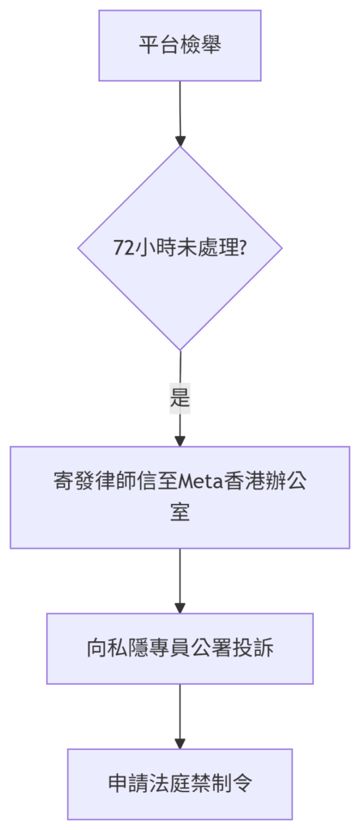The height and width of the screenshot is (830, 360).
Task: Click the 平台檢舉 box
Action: [x=180, y=45]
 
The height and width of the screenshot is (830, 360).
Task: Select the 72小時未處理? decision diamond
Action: [x=180, y=248]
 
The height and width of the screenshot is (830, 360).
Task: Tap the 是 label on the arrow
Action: [x=180, y=398]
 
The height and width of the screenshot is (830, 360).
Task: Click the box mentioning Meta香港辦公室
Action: [x=180, y=497]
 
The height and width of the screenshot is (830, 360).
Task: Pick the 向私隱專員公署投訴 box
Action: [x=180, y=648]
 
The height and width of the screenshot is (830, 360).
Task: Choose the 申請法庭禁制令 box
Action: [x=180, y=784]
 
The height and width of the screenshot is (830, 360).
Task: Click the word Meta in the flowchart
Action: [x=202, y=482]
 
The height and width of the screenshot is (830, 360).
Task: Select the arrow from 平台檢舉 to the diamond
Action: [x=180, y=113]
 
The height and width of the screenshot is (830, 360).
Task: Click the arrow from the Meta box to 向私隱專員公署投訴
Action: [x=180, y=580]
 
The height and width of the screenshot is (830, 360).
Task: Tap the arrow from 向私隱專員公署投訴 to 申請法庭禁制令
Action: [x=180, y=717]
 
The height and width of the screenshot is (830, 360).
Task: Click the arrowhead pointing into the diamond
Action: [x=180, y=141]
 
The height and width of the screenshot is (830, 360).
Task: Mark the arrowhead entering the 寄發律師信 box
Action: [x=180, y=441]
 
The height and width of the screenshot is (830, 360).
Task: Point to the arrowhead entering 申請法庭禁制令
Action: [x=180, y=743]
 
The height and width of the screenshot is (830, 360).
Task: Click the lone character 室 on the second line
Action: [x=180, y=512]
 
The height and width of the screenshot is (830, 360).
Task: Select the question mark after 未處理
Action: [x=242, y=248]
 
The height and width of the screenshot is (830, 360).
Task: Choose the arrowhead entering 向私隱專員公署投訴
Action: [x=180, y=608]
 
